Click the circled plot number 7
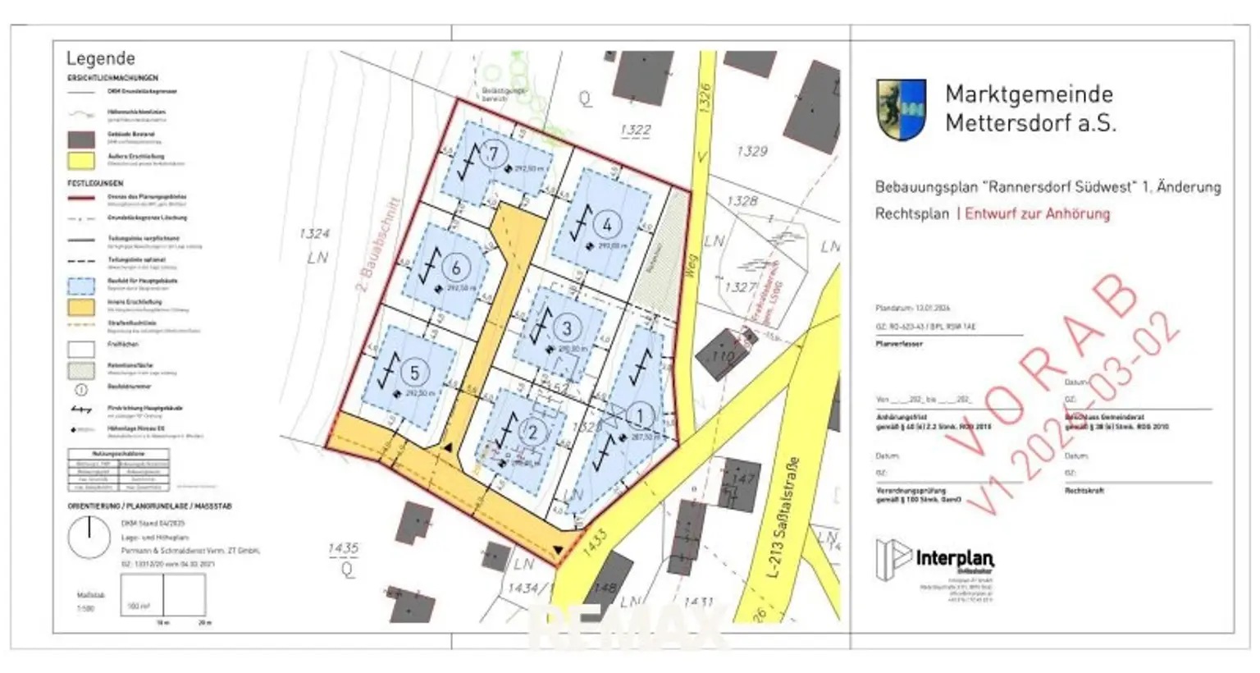tap(493, 153)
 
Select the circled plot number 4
tap(607, 224)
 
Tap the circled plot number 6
tap(456, 267)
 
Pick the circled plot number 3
tap(566, 328)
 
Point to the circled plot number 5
tap(414, 373)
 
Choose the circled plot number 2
tap(532, 433)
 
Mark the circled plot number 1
tap(640, 417)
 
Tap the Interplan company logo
tap(934, 560)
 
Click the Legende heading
tap(100, 58)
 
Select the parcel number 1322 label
tap(636, 130)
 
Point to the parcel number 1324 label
tap(314, 234)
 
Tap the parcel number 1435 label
tap(343, 548)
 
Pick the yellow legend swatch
tap(81, 159)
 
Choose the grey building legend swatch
tap(81, 138)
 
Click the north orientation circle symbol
tap(88, 538)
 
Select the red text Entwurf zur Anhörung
tap(1037, 213)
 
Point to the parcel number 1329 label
tap(751, 151)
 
